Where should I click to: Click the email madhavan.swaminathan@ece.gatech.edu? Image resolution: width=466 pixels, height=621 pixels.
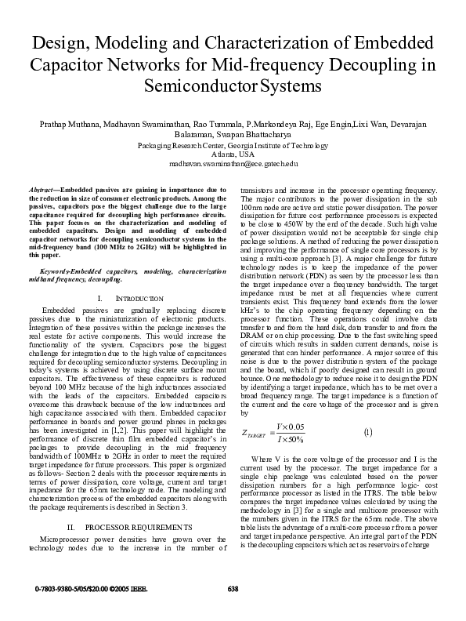pyautogui.click(x=233, y=163)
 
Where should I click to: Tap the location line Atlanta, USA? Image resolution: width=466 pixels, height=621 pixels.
pyautogui.click(x=233, y=154)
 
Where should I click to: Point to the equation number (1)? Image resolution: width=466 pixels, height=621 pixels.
pyautogui.click(x=368, y=431)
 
